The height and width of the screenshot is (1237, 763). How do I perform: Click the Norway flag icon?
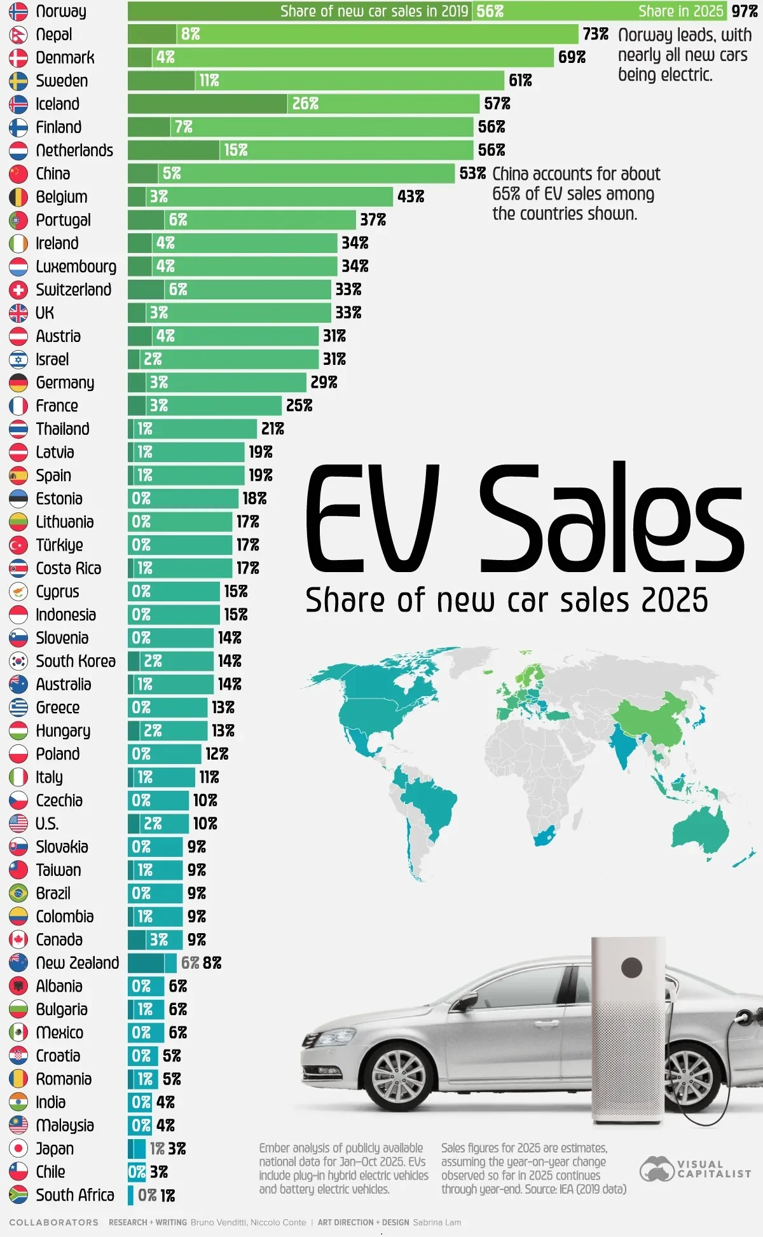[18, 11]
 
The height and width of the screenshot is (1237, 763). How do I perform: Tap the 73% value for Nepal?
[595, 34]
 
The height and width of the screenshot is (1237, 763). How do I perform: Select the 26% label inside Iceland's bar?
[305, 104]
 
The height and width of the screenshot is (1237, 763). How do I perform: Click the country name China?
[53, 174]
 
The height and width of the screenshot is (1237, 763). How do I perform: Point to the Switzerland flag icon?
[18, 290]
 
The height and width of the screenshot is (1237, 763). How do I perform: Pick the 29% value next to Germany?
[324, 382]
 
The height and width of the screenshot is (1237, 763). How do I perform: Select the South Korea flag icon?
[18, 661]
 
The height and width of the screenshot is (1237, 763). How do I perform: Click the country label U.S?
[47, 824]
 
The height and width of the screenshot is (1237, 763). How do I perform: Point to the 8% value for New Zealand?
[212, 963]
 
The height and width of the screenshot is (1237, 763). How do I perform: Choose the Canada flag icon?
[18, 940]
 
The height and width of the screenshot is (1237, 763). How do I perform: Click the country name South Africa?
[75, 1195]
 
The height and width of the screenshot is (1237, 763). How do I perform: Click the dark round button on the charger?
[631, 968]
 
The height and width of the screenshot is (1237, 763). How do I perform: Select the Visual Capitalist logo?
[696, 1169]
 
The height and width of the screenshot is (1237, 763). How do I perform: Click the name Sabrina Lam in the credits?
[437, 1222]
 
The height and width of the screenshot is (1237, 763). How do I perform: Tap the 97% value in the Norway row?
[745, 11]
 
